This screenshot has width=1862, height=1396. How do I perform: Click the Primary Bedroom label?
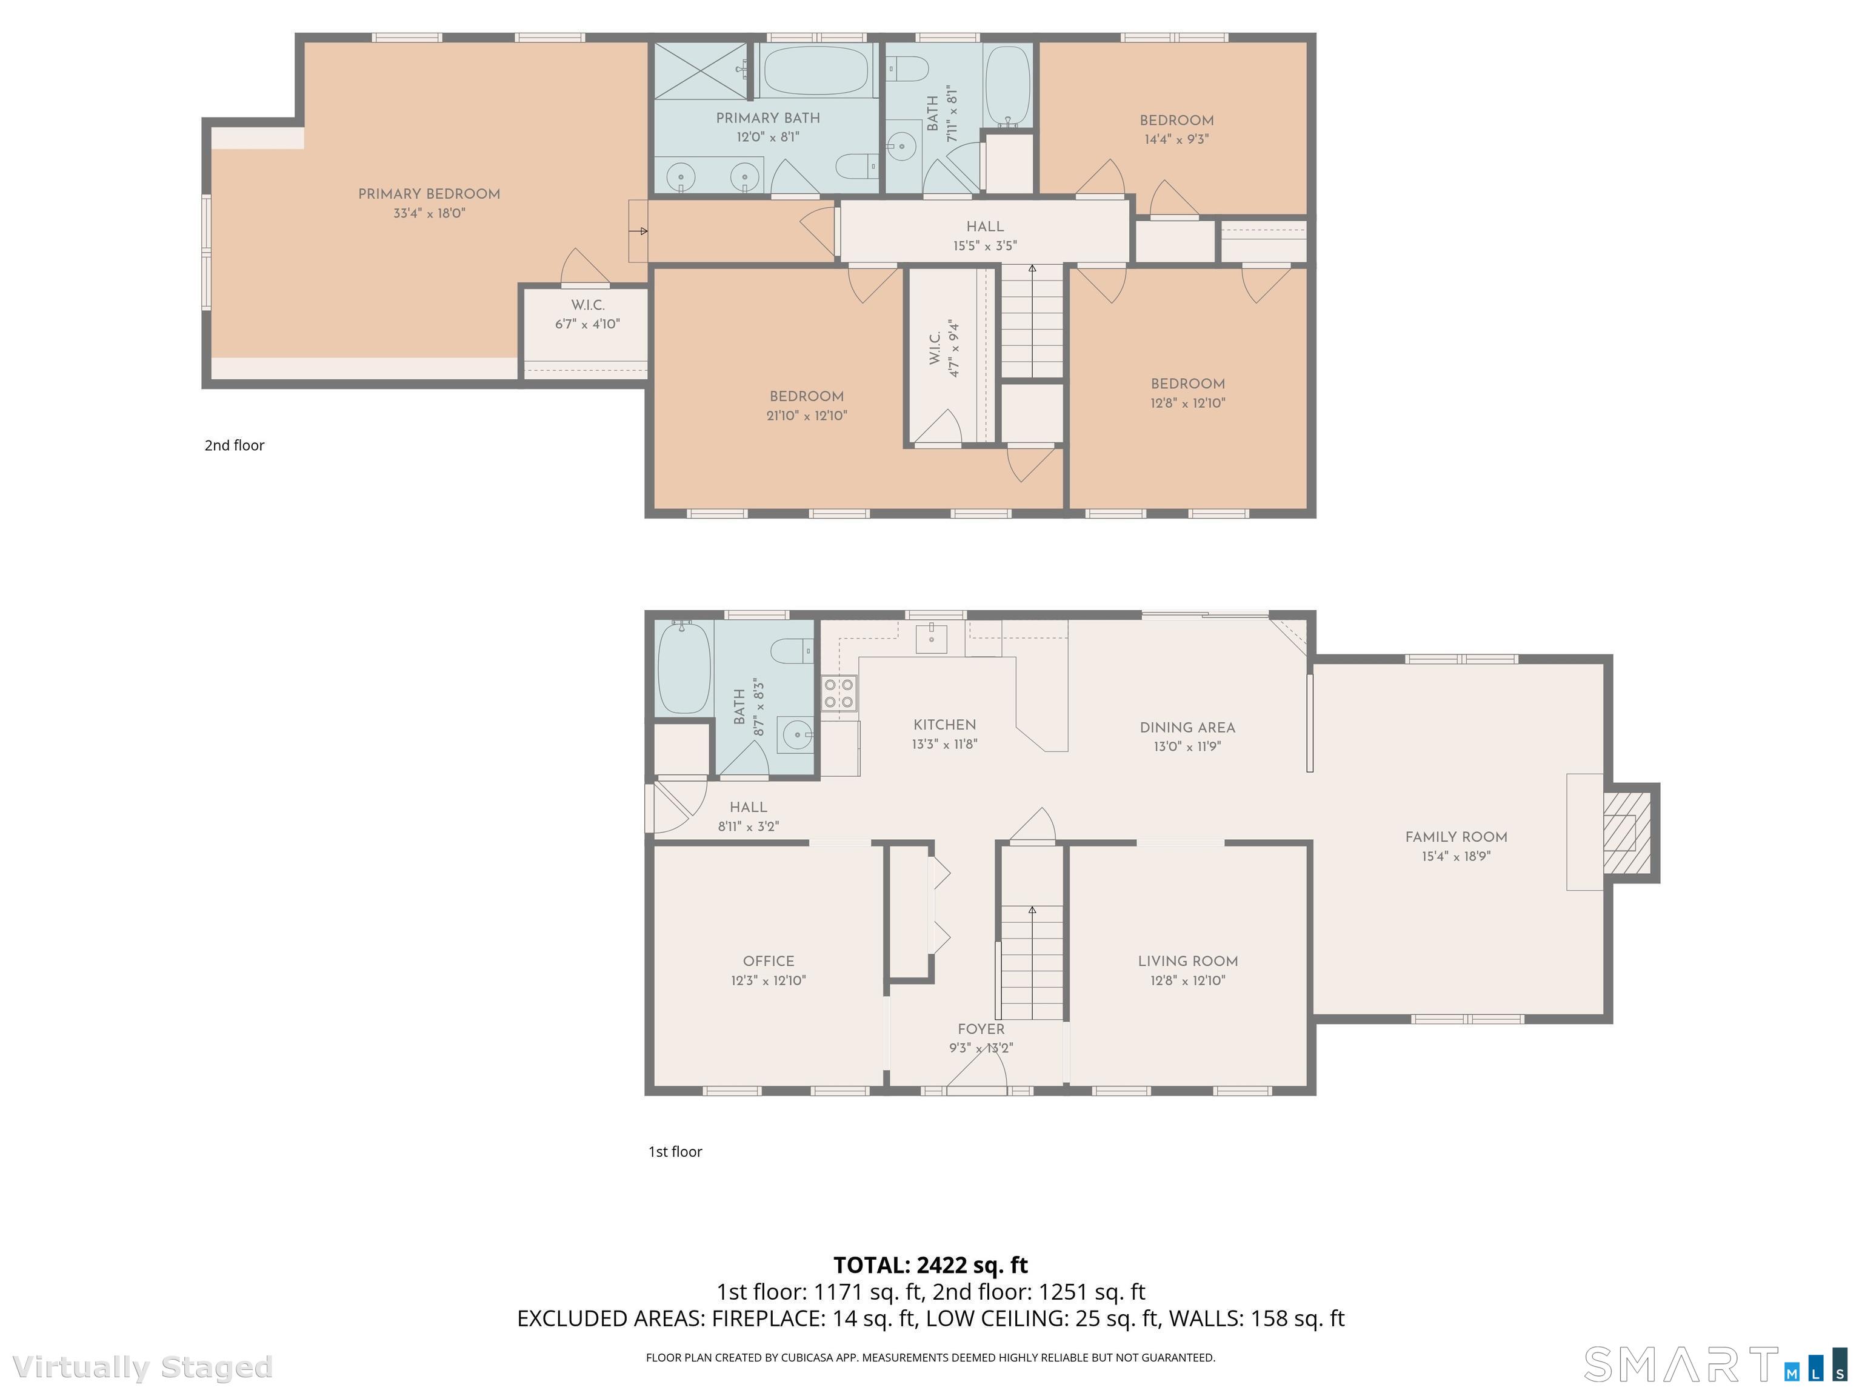pyautogui.click(x=429, y=193)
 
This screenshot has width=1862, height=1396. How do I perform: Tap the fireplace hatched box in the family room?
pyautogui.click(x=1619, y=833)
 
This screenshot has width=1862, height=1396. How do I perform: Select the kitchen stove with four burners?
pyautogui.click(x=839, y=693)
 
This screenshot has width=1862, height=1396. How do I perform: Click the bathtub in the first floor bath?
pyautogui.click(x=684, y=667)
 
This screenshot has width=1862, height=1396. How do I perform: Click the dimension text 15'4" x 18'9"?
pyautogui.click(x=1455, y=857)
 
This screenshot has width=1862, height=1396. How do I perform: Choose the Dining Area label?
pyautogui.click(x=1187, y=727)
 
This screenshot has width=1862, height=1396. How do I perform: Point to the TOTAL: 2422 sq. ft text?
pyautogui.click(x=930, y=1265)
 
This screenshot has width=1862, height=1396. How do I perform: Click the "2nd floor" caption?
pyautogui.click(x=234, y=445)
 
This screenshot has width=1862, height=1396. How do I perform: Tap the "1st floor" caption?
pyautogui.click(x=674, y=1151)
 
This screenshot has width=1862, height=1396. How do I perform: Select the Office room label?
pyautogui.click(x=768, y=961)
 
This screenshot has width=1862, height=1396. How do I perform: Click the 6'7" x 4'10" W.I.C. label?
pyautogui.click(x=587, y=324)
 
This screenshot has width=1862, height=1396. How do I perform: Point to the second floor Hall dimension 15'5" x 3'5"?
pyautogui.click(x=985, y=246)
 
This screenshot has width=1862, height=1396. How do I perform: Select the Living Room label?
pyautogui.click(x=1187, y=961)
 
